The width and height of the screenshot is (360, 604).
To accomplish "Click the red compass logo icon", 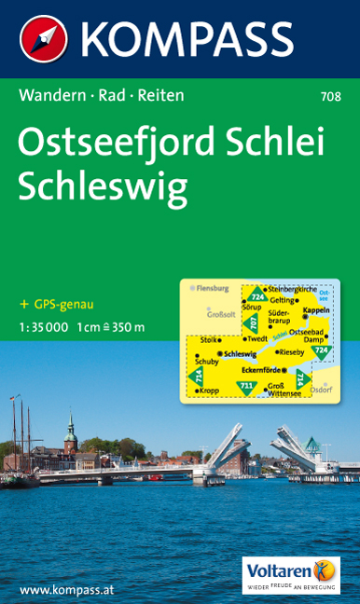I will pyautogui.click(x=44, y=39).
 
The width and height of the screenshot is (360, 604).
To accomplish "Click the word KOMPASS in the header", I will pyautogui.click(x=187, y=39).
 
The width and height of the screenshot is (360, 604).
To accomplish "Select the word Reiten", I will pyautogui.click(x=159, y=95).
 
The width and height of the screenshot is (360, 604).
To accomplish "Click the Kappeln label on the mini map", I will pyautogui.click(x=317, y=309).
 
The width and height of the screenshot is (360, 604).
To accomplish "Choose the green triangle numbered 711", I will pyautogui.click(x=245, y=385).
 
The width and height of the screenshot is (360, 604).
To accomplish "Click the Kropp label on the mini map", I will pyautogui.click(x=209, y=391).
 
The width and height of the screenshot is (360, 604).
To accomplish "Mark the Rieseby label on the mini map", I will pyautogui.click(x=291, y=352).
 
